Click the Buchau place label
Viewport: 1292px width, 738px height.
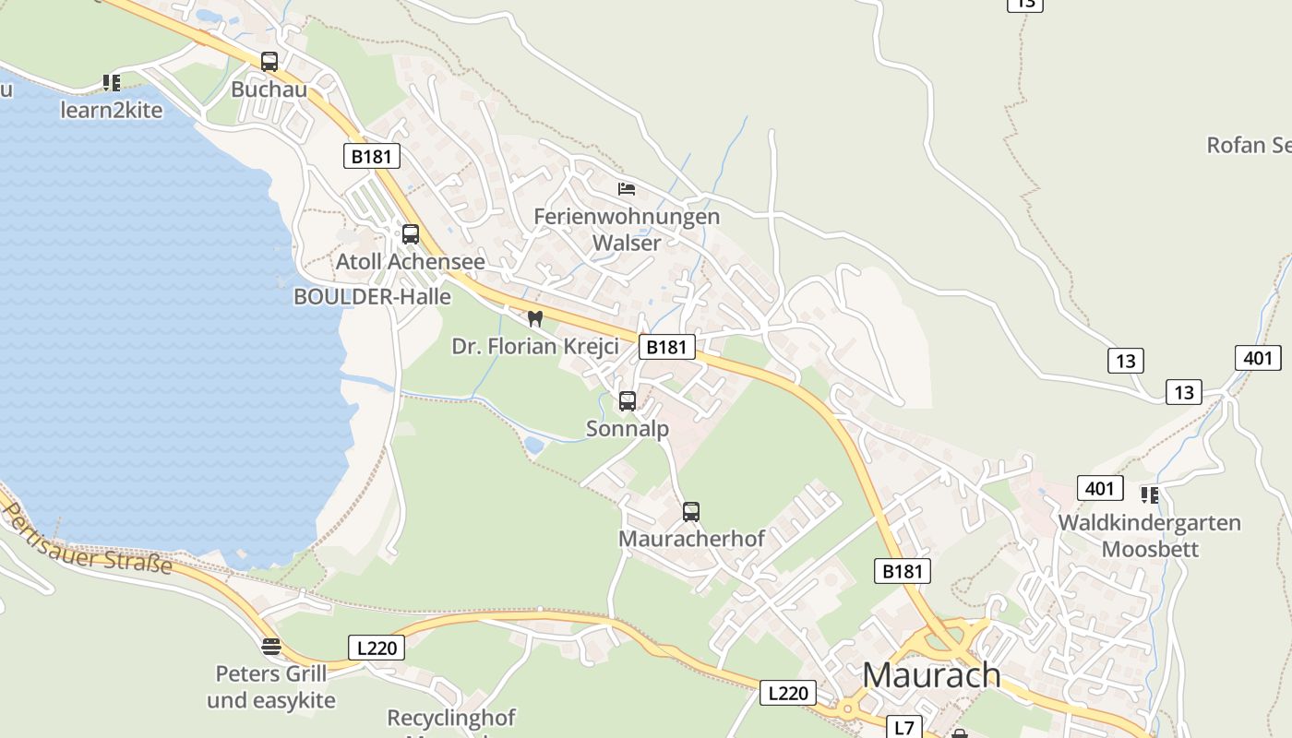click(269, 89)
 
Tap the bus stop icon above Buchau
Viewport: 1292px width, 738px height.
click(269, 62)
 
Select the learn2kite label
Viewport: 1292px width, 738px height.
click(112, 111)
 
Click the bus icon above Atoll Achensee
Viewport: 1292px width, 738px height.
click(411, 234)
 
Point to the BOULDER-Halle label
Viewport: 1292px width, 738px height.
click(372, 297)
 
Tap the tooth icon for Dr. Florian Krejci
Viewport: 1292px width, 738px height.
click(534, 319)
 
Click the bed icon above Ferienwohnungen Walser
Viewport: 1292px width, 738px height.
click(627, 189)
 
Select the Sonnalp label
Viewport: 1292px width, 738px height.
click(628, 429)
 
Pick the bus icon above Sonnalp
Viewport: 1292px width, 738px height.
click(628, 401)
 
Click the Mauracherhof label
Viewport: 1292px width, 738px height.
click(691, 539)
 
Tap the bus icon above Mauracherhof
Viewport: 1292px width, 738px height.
click(691, 512)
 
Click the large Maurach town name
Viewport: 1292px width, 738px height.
click(931, 674)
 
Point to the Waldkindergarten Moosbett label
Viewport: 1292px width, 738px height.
click(1150, 536)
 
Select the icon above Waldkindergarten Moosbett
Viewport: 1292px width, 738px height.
click(1150, 495)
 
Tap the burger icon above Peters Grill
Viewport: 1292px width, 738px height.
click(270, 647)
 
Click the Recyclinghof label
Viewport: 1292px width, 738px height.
click(451, 718)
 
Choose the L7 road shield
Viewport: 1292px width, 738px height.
click(904, 728)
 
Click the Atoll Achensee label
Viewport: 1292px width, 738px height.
click(410, 262)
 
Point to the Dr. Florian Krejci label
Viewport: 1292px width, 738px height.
click(534, 347)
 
